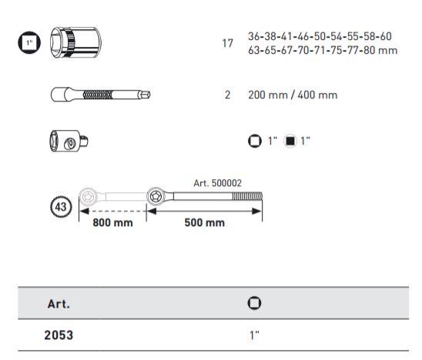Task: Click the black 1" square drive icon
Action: [29, 42]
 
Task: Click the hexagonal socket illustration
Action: [75, 42]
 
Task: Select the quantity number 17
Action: [227, 43]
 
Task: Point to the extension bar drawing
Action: [101, 95]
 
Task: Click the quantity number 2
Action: [227, 95]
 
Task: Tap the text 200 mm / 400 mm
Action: [293, 95]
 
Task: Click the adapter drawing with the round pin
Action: [69, 141]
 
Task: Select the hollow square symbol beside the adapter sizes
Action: [255, 141]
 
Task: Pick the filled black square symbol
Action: [290, 141]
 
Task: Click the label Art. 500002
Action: [217, 183]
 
